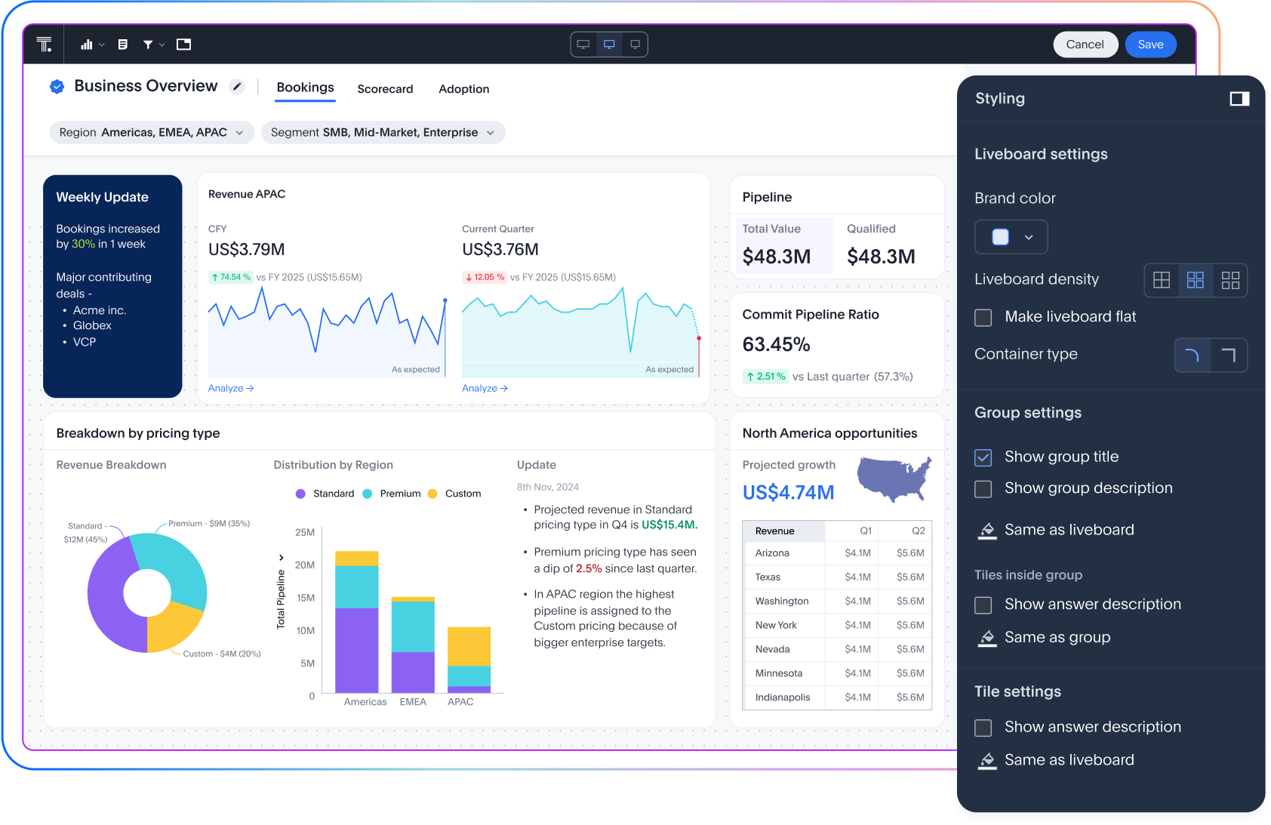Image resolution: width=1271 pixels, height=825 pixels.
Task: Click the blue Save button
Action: [x=1149, y=45]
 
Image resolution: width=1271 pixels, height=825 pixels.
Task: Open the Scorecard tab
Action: [x=385, y=89]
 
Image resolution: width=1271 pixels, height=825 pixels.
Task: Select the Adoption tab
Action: [x=463, y=89]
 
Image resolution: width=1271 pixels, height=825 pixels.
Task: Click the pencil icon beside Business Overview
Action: [x=237, y=87]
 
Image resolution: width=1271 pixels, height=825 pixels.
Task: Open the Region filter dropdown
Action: [x=151, y=132]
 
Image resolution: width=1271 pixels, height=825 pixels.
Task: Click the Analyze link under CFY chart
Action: [x=230, y=388]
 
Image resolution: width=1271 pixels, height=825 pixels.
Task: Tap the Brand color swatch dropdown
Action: [x=1011, y=237]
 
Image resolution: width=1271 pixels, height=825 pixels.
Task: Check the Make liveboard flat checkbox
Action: [x=983, y=318]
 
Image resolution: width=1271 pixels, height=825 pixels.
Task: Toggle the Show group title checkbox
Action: [x=983, y=457]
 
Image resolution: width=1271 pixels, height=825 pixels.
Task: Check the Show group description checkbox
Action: [x=983, y=489]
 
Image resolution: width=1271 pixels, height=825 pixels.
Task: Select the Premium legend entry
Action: [x=392, y=494]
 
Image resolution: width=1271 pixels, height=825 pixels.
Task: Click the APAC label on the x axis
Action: [x=460, y=702]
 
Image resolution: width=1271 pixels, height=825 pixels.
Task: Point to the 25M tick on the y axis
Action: [x=305, y=532]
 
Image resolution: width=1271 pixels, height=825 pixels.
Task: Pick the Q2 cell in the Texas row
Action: [x=910, y=577]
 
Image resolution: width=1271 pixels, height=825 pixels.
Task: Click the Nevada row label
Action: [x=772, y=649]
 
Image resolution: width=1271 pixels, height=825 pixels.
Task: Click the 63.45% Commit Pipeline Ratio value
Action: [x=776, y=345]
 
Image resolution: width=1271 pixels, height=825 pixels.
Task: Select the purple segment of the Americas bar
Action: [x=356, y=649]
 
